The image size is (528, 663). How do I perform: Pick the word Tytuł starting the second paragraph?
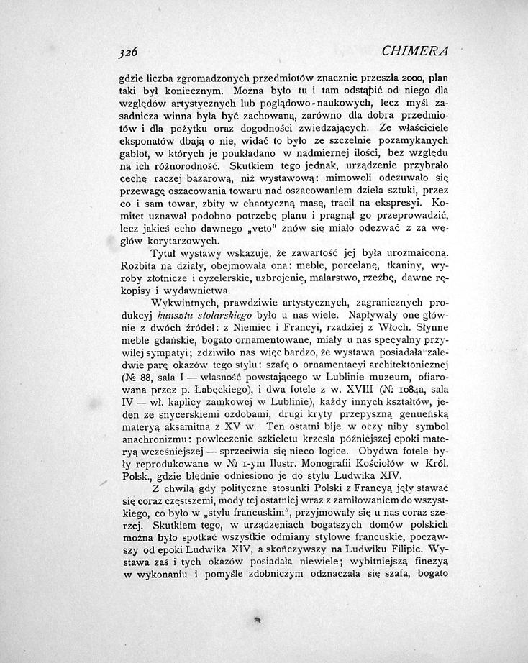click(x=164, y=255)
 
